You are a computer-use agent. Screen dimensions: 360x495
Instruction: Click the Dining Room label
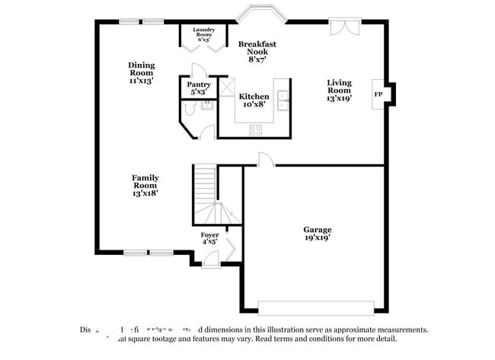[141, 72]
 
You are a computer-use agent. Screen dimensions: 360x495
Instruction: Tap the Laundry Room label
[203, 34]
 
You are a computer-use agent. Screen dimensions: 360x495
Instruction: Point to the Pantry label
[199, 88]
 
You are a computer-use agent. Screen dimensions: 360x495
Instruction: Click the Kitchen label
[254, 100]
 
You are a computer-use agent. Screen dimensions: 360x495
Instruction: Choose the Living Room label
[339, 90]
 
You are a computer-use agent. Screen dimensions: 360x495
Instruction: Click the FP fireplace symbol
[378, 94]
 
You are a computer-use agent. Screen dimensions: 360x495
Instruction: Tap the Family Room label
[145, 185]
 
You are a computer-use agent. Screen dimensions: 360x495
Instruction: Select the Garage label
[318, 234]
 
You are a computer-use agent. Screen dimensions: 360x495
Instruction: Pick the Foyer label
[209, 239]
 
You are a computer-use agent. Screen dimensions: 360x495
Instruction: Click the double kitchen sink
[283, 101]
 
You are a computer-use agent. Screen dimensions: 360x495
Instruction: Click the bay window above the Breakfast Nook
[257, 16]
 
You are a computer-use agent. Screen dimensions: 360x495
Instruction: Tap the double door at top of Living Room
[341, 27]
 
